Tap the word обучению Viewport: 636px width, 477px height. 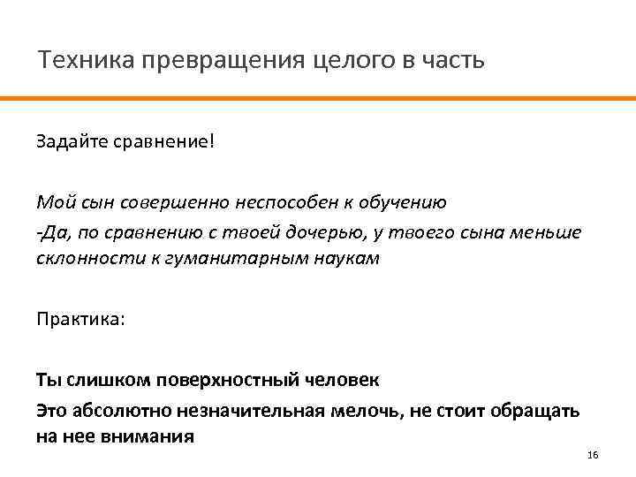(401, 201)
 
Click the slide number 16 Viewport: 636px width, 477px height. (592, 454)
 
